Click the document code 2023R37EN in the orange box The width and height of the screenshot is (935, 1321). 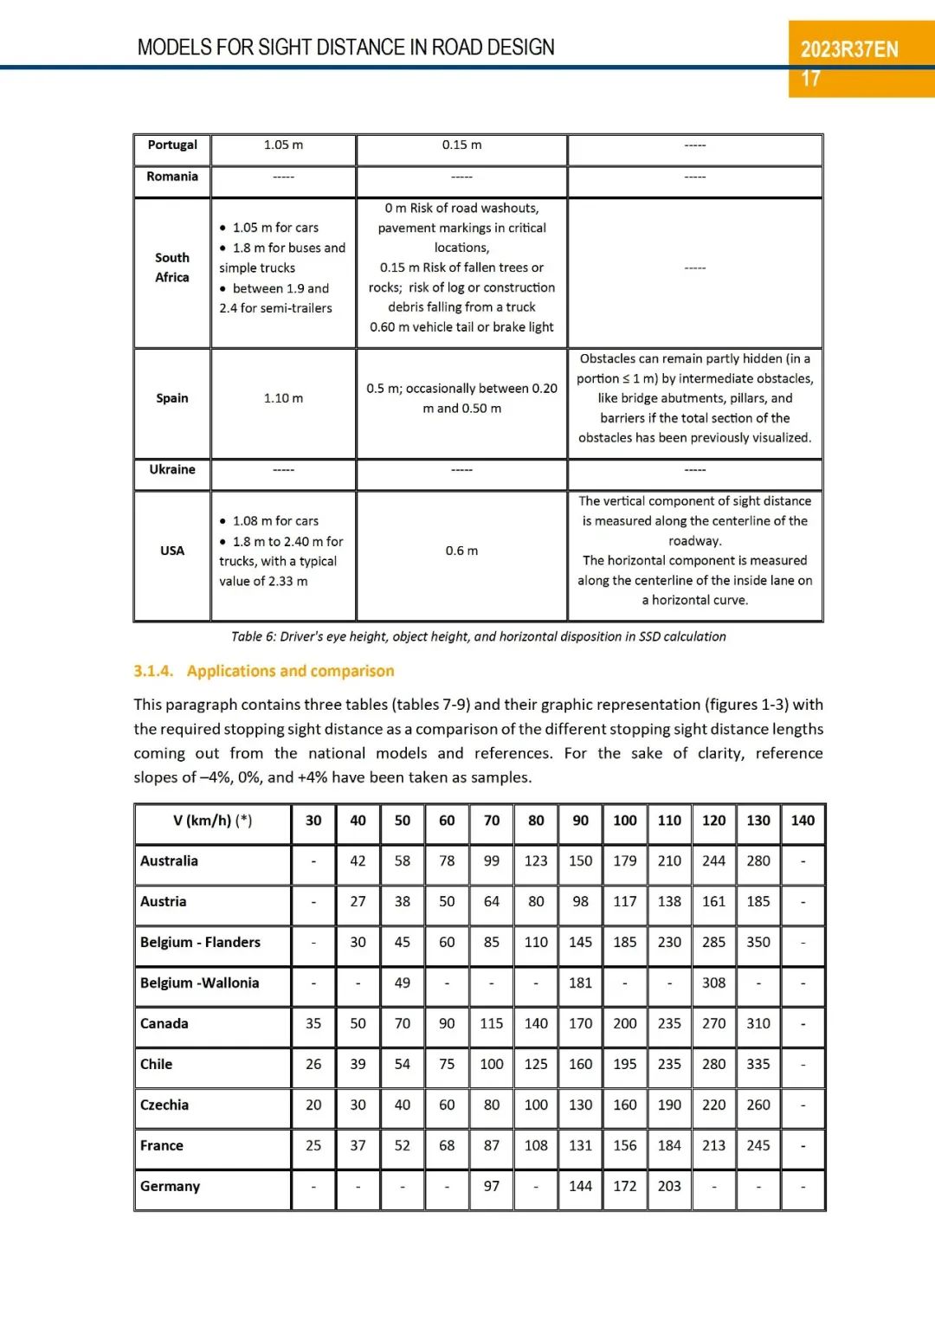click(848, 49)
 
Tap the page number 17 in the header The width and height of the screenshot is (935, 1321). click(810, 80)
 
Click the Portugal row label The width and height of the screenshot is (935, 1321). click(172, 145)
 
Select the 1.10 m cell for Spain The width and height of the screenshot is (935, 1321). click(283, 398)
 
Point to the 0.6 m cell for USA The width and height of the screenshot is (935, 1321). click(461, 551)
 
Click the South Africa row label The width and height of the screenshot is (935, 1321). click(172, 267)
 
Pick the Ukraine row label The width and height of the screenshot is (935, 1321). click(172, 469)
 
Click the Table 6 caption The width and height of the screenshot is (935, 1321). click(478, 636)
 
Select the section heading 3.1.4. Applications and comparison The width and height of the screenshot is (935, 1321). click(264, 671)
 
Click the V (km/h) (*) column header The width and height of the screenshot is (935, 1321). click(212, 821)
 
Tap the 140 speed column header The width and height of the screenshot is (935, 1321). click(803, 821)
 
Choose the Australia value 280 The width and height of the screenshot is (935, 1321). click(758, 861)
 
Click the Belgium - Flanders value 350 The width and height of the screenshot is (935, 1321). click(758, 942)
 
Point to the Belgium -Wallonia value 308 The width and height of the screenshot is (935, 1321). click(713, 983)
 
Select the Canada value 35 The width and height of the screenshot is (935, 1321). click(313, 1023)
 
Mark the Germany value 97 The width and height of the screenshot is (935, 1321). click(492, 1186)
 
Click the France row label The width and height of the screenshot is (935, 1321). click(162, 1145)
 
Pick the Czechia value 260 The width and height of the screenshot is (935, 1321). click(758, 1105)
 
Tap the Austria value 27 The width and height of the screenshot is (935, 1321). click(358, 901)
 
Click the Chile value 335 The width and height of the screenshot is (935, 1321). click(758, 1064)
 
